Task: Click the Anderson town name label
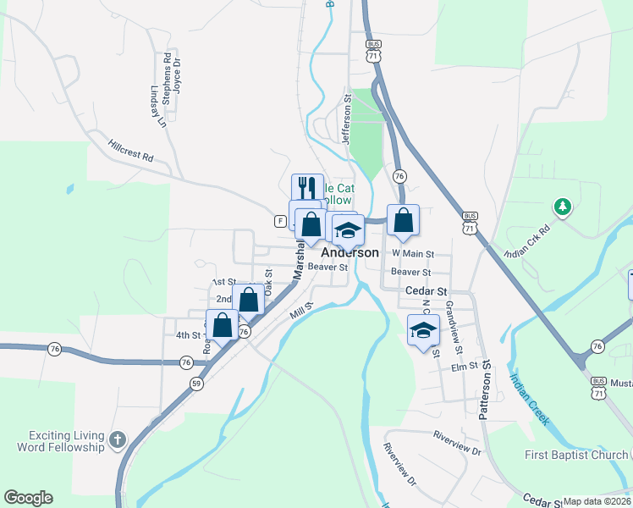pos(350,252)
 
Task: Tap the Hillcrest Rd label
pos(130,151)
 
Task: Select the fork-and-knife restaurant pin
pos(307,188)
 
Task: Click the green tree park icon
pos(562,206)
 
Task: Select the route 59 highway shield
pos(196,384)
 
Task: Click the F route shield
pos(279,221)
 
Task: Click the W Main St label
pos(412,253)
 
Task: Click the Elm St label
pos(465,367)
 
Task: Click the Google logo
pos(28,498)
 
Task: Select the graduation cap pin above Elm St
pos(423,330)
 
